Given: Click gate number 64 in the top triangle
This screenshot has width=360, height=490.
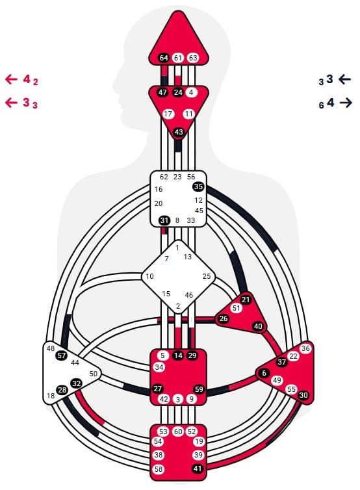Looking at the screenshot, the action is tap(164, 58).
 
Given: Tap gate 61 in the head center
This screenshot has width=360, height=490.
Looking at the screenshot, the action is tap(178, 58).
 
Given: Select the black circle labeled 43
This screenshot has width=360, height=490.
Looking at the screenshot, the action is tap(179, 132).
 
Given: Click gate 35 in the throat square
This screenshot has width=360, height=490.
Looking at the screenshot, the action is tap(198, 187).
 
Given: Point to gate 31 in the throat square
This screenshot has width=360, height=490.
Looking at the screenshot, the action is tap(164, 220).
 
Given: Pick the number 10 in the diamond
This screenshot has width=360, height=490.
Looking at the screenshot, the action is tap(149, 276).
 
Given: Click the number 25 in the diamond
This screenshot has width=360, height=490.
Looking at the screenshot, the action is tap(207, 276).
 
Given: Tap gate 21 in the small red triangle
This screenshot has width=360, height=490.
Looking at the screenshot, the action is tap(246, 300).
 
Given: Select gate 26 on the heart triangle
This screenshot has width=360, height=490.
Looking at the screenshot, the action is tap(224, 318).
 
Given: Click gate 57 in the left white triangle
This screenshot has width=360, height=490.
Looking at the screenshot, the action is tap(62, 355).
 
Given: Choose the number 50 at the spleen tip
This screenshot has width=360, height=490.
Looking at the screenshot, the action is tap(93, 374).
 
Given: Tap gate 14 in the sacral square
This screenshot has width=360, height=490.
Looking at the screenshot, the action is tap(178, 355).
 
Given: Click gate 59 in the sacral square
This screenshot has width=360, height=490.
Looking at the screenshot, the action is tap(199, 389).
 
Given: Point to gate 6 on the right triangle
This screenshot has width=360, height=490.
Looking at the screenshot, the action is tap(264, 373).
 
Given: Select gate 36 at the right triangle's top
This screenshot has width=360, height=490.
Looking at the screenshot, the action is tap(305, 348).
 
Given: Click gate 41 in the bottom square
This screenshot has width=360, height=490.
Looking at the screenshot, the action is tap(197, 469).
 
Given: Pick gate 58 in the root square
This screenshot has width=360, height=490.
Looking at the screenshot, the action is tap(159, 469).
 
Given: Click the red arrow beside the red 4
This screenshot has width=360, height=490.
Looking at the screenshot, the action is tap(11, 79).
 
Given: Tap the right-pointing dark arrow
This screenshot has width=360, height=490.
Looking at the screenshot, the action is tap(346, 103).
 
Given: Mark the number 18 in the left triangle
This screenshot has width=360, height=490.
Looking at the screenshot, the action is tap(50, 396).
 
